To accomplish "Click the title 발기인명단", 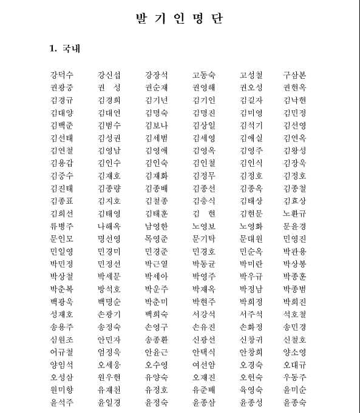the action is [180, 18].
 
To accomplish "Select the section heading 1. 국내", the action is [65, 49].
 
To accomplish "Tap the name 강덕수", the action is [62, 75].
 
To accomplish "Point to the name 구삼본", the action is [294, 75].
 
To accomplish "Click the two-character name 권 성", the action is [109, 88].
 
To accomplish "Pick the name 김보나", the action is [157, 126].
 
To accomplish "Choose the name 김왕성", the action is [294, 150].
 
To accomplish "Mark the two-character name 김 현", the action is [203, 213].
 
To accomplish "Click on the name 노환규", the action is [294, 213].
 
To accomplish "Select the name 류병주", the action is [62, 226].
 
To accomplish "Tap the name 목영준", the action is [157, 239].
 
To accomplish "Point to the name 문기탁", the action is [203, 239].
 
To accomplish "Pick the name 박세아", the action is [157, 277].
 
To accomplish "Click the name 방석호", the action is [109, 289].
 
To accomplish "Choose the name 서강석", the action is [203, 314].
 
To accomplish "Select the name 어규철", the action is [62, 352].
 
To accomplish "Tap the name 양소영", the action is [294, 352].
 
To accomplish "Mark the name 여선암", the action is [203, 365].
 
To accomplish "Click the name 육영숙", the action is [251, 390].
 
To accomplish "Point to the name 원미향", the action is [62, 390].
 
